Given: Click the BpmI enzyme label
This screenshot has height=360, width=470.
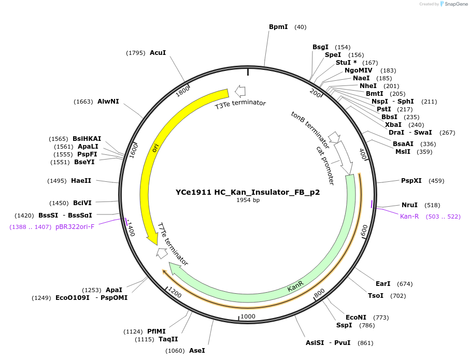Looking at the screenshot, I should coord(278,26).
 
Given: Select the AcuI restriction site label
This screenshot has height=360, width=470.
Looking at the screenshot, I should coord(158,52).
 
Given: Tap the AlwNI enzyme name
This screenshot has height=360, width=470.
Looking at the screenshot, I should coord(108,102).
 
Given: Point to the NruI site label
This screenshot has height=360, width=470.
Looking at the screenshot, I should coord(409,205).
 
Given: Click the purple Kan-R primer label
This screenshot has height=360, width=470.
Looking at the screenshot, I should coord(409,216).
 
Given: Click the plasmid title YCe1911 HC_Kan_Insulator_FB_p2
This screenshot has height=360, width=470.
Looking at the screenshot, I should coord(248,192).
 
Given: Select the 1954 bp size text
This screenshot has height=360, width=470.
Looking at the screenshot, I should coord(248,200).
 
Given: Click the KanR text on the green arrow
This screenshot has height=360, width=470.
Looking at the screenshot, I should coord(295,286).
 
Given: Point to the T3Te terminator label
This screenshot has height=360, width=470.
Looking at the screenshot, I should coord(240,104).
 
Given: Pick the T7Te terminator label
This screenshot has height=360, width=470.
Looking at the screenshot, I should coord(172,244).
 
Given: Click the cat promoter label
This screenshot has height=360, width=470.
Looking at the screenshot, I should coord(325,165).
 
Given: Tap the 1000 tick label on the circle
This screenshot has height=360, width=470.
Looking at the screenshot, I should coord(248,316).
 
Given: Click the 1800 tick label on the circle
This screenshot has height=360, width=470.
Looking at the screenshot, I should coord(182,92).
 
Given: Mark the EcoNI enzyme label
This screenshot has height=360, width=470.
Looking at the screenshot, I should coord(356,318).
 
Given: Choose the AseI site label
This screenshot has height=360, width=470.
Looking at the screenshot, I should coord(197,351).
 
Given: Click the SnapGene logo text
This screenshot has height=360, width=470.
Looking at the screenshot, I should coord(454,4).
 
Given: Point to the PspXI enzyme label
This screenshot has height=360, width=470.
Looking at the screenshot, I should coord(411,181).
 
